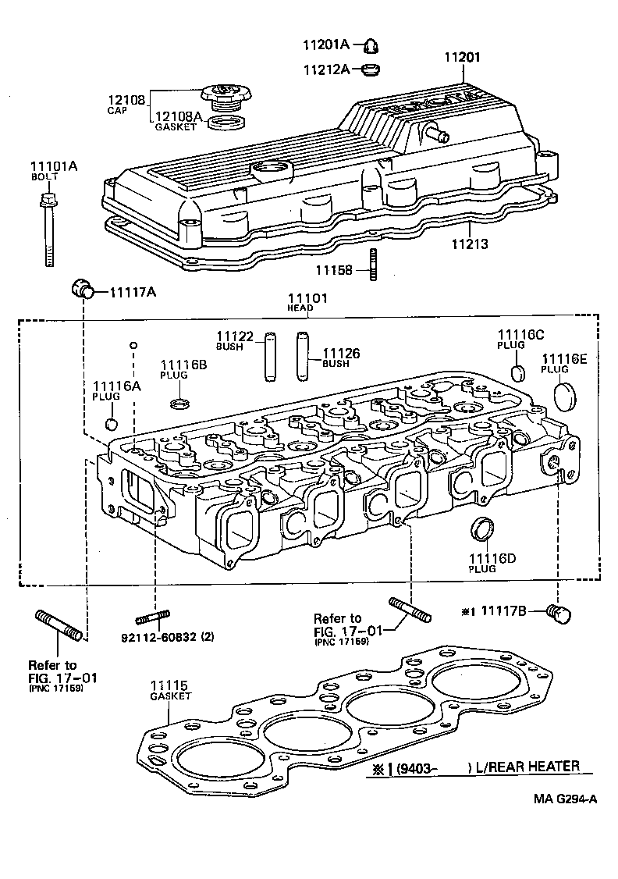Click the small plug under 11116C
[x=516, y=369]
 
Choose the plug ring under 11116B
[x=179, y=404]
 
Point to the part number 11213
[x=470, y=244]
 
